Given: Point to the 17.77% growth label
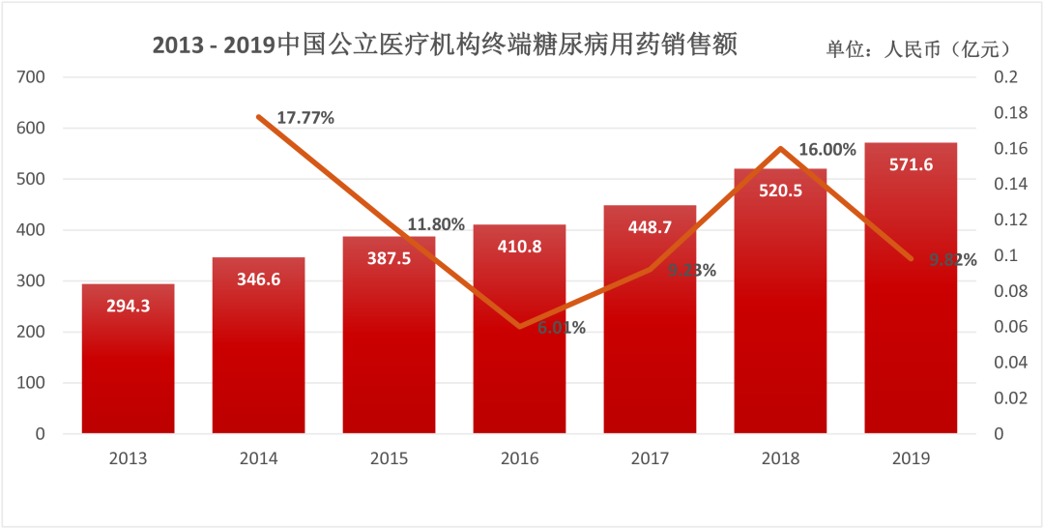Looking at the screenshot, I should pyautogui.click(x=305, y=119).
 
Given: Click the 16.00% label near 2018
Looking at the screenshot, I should pyautogui.click(x=827, y=150).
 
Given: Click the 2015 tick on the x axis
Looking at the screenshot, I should pyautogui.click(x=389, y=458).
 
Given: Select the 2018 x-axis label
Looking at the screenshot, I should pyautogui.click(x=780, y=458).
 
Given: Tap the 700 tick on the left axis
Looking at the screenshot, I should pyautogui.click(x=33, y=76).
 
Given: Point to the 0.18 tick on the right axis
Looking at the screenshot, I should pyautogui.click(x=1008, y=113).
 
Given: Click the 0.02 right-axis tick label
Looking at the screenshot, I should pyautogui.click(x=1008, y=398).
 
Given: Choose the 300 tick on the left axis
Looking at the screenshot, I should pyautogui.click(x=33, y=281).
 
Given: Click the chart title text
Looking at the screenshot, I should pyautogui.click(x=444, y=45).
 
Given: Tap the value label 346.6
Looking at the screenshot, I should pyautogui.click(x=258, y=279).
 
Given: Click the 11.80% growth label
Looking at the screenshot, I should pyautogui.click(x=436, y=224).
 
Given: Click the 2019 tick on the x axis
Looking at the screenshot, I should pyautogui.click(x=911, y=458).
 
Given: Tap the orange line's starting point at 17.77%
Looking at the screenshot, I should pyautogui.click(x=259, y=117).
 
